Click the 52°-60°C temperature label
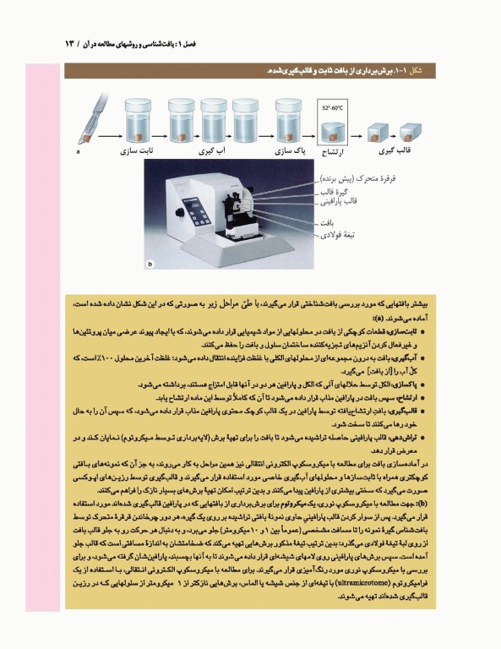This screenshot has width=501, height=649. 332,109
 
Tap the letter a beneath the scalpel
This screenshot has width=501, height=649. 78,152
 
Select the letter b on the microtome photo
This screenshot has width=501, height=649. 150,265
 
